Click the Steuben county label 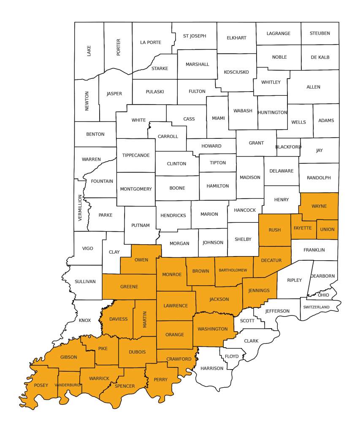(x=319, y=33)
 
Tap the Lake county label (x=89, y=51)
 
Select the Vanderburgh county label (x=68, y=385)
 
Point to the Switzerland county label (x=316, y=307)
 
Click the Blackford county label (x=288, y=147)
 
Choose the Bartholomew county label (x=233, y=270)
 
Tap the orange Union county (x=327, y=229)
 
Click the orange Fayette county (x=303, y=228)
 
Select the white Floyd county (x=232, y=356)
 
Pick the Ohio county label (x=323, y=295)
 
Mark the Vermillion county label (x=80, y=208)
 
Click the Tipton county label (x=218, y=163)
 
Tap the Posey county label (x=41, y=385)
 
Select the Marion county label (x=209, y=214)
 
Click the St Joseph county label (x=195, y=36)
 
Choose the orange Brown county (x=200, y=271)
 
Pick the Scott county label (x=247, y=321)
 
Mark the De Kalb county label (x=320, y=57)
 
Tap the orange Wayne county (x=319, y=206)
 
